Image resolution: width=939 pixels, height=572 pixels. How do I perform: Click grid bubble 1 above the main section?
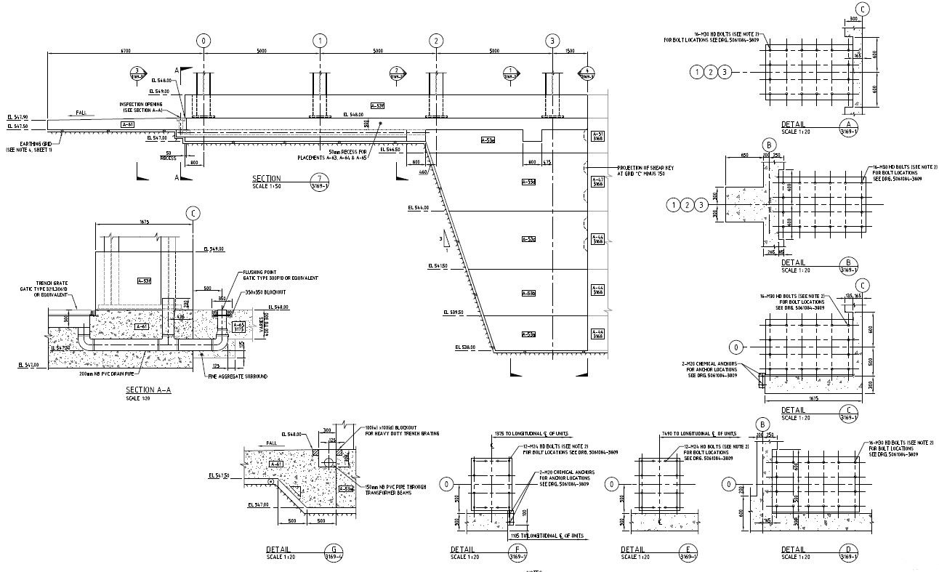pyautogui.click(x=320, y=41)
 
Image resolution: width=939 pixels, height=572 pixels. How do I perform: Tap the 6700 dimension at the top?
pyautogui.click(x=125, y=51)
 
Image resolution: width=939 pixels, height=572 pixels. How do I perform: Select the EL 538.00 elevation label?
pyautogui.click(x=467, y=347)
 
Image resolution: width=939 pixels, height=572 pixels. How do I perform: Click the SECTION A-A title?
pyautogui.click(x=148, y=390)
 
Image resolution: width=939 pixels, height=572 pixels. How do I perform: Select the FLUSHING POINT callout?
pyautogui.click(x=280, y=275)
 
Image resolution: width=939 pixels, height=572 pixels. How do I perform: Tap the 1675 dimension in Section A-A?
pyautogui.click(x=145, y=222)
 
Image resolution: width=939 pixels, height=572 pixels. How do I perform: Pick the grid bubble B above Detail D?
pyautogui.click(x=762, y=424)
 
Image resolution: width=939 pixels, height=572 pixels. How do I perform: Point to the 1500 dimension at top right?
pyautogui.click(x=569, y=51)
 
